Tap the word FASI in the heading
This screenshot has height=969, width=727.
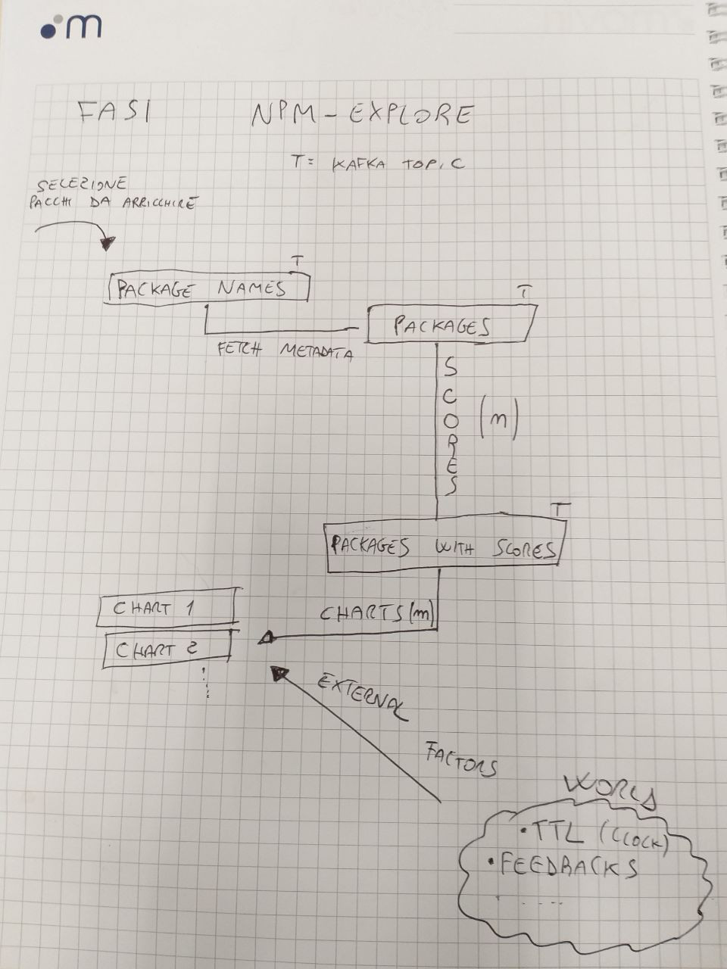tap(114, 112)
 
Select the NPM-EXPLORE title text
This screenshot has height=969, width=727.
tap(362, 115)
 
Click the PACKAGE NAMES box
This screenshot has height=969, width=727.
tap(209, 288)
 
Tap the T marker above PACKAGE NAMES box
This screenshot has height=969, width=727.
tap(298, 261)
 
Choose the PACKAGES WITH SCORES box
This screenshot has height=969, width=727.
tap(445, 547)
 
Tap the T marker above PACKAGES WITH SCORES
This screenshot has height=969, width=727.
tap(559, 509)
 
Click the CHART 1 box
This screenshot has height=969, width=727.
tap(165, 608)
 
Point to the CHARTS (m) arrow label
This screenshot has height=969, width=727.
tap(375, 614)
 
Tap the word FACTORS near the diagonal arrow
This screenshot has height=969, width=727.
tap(460, 760)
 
